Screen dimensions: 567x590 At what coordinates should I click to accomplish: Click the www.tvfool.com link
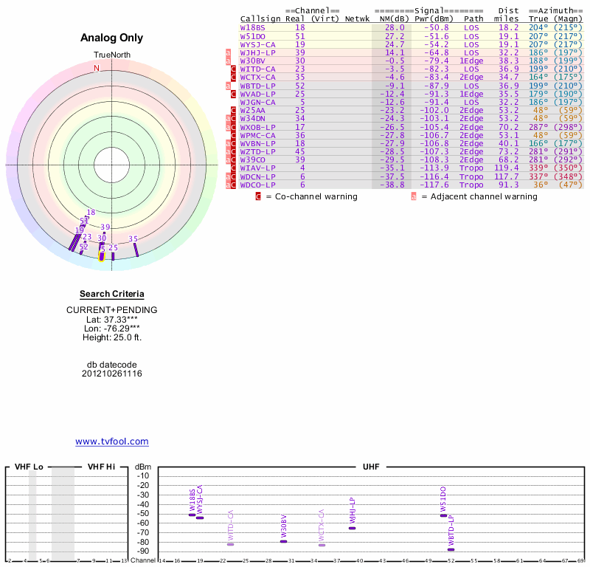[111, 441]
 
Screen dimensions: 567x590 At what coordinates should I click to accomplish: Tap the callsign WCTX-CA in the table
[258, 77]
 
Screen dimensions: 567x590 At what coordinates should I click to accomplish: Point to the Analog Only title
[111, 38]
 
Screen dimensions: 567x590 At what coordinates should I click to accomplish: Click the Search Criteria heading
[111, 294]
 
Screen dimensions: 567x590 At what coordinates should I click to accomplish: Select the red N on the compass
[96, 68]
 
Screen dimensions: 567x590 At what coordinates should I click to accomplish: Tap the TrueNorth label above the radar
[111, 55]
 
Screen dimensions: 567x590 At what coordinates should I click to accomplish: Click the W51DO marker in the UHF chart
[443, 515]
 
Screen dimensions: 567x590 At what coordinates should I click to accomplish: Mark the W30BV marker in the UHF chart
[284, 541]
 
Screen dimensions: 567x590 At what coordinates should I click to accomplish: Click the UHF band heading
[371, 467]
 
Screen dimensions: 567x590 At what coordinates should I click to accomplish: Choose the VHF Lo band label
[29, 467]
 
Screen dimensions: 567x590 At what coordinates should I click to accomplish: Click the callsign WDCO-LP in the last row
[258, 185]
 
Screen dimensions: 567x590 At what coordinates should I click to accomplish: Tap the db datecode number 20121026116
[111, 374]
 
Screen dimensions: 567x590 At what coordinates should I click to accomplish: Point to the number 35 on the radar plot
[133, 238]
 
